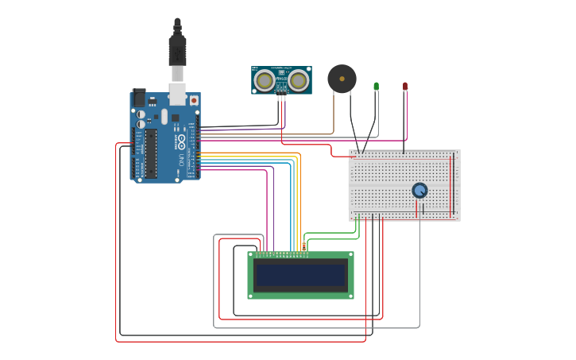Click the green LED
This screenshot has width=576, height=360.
coord(376,86)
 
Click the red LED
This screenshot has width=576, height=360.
coord(405,86)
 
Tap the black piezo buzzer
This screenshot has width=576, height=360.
coord(342,79)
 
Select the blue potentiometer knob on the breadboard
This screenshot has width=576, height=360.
coord(419,190)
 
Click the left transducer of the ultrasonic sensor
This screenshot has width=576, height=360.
coord(265,80)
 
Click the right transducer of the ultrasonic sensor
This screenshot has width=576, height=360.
coord(298,80)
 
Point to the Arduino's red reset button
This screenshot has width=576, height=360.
coord(193,101)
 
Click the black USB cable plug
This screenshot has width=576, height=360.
coord(177,52)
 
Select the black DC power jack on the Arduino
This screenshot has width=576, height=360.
coord(139,98)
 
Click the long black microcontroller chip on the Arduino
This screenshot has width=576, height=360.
coord(150,154)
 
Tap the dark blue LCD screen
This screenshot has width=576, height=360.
coord(301,276)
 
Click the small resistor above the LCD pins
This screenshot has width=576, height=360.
coord(303,246)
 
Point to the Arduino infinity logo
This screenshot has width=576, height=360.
coord(181,143)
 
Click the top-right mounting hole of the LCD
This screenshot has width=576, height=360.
coord(350,255)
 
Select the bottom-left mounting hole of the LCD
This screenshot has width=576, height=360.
coord(251,296)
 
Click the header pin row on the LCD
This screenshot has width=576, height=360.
coord(280,255)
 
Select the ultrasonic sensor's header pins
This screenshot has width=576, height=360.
coord(281,97)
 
